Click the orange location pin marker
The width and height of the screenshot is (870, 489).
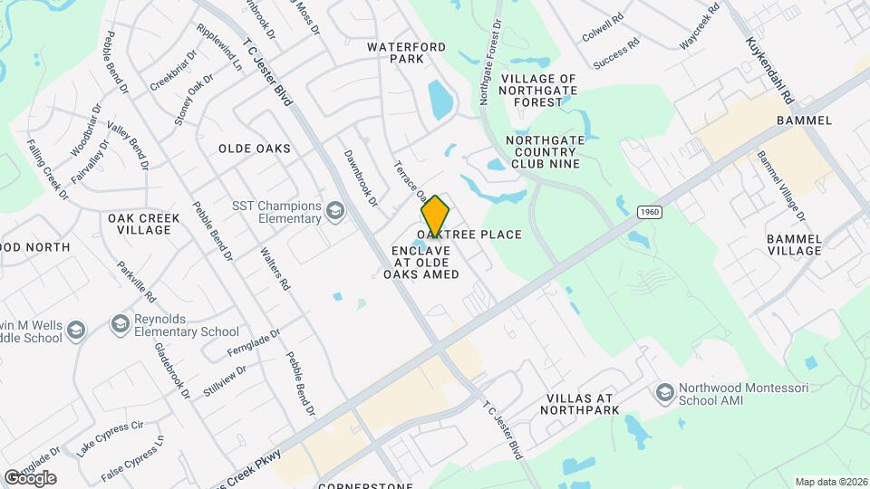pyautogui.click(x=435, y=216)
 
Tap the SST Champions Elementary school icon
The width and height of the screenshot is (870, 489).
pyautogui.click(x=336, y=212)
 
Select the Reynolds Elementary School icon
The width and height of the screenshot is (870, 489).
pyautogui.click(x=120, y=323)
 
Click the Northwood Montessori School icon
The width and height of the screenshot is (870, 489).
pyautogui.click(x=664, y=392)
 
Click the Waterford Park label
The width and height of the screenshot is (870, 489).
pyautogui.click(x=395, y=53)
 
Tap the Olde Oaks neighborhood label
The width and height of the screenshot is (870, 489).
pyautogui.click(x=255, y=149)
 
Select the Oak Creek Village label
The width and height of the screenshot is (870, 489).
pyautogui.click(x=140, y=224)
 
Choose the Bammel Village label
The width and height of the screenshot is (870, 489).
pyautogui.click(x=794, y=244)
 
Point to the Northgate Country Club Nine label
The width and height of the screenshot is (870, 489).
pyautogui.click(x=543, y=152)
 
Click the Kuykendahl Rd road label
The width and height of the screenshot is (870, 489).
pyautogui.click(x=770, y=70)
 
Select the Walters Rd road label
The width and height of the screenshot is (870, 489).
pyautogui.click(x=275, y=269)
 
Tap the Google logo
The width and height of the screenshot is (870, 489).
pyautogui.click(x=30, y=477)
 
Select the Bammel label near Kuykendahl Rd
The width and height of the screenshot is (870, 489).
pyautogui.click(x=798, y=120)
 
